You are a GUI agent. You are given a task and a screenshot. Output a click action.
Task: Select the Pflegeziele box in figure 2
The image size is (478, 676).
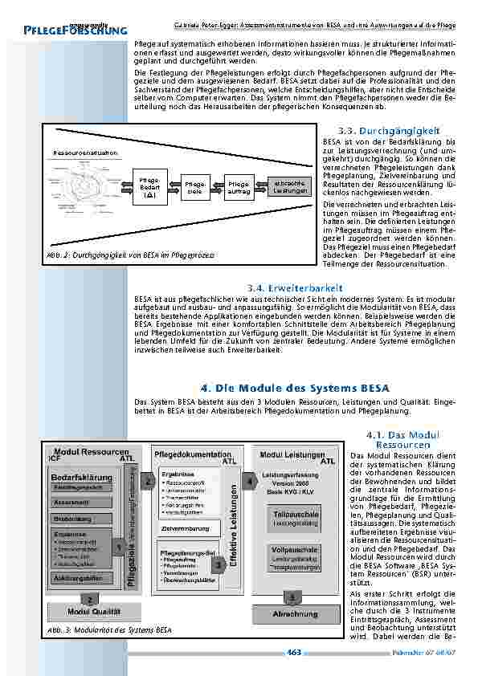click(194, 187)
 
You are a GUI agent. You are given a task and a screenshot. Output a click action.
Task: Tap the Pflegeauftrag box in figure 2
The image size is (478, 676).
click(239, 187)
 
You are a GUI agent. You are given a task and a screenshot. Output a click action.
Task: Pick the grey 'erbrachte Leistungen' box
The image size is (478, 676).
click(289, 186)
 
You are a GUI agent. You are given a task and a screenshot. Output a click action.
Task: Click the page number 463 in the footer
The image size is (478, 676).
click(293, 652)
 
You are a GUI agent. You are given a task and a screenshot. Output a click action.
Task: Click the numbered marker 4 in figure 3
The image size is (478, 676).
click(251, 482)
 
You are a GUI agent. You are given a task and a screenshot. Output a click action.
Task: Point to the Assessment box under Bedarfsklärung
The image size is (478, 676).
click(71, 503)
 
